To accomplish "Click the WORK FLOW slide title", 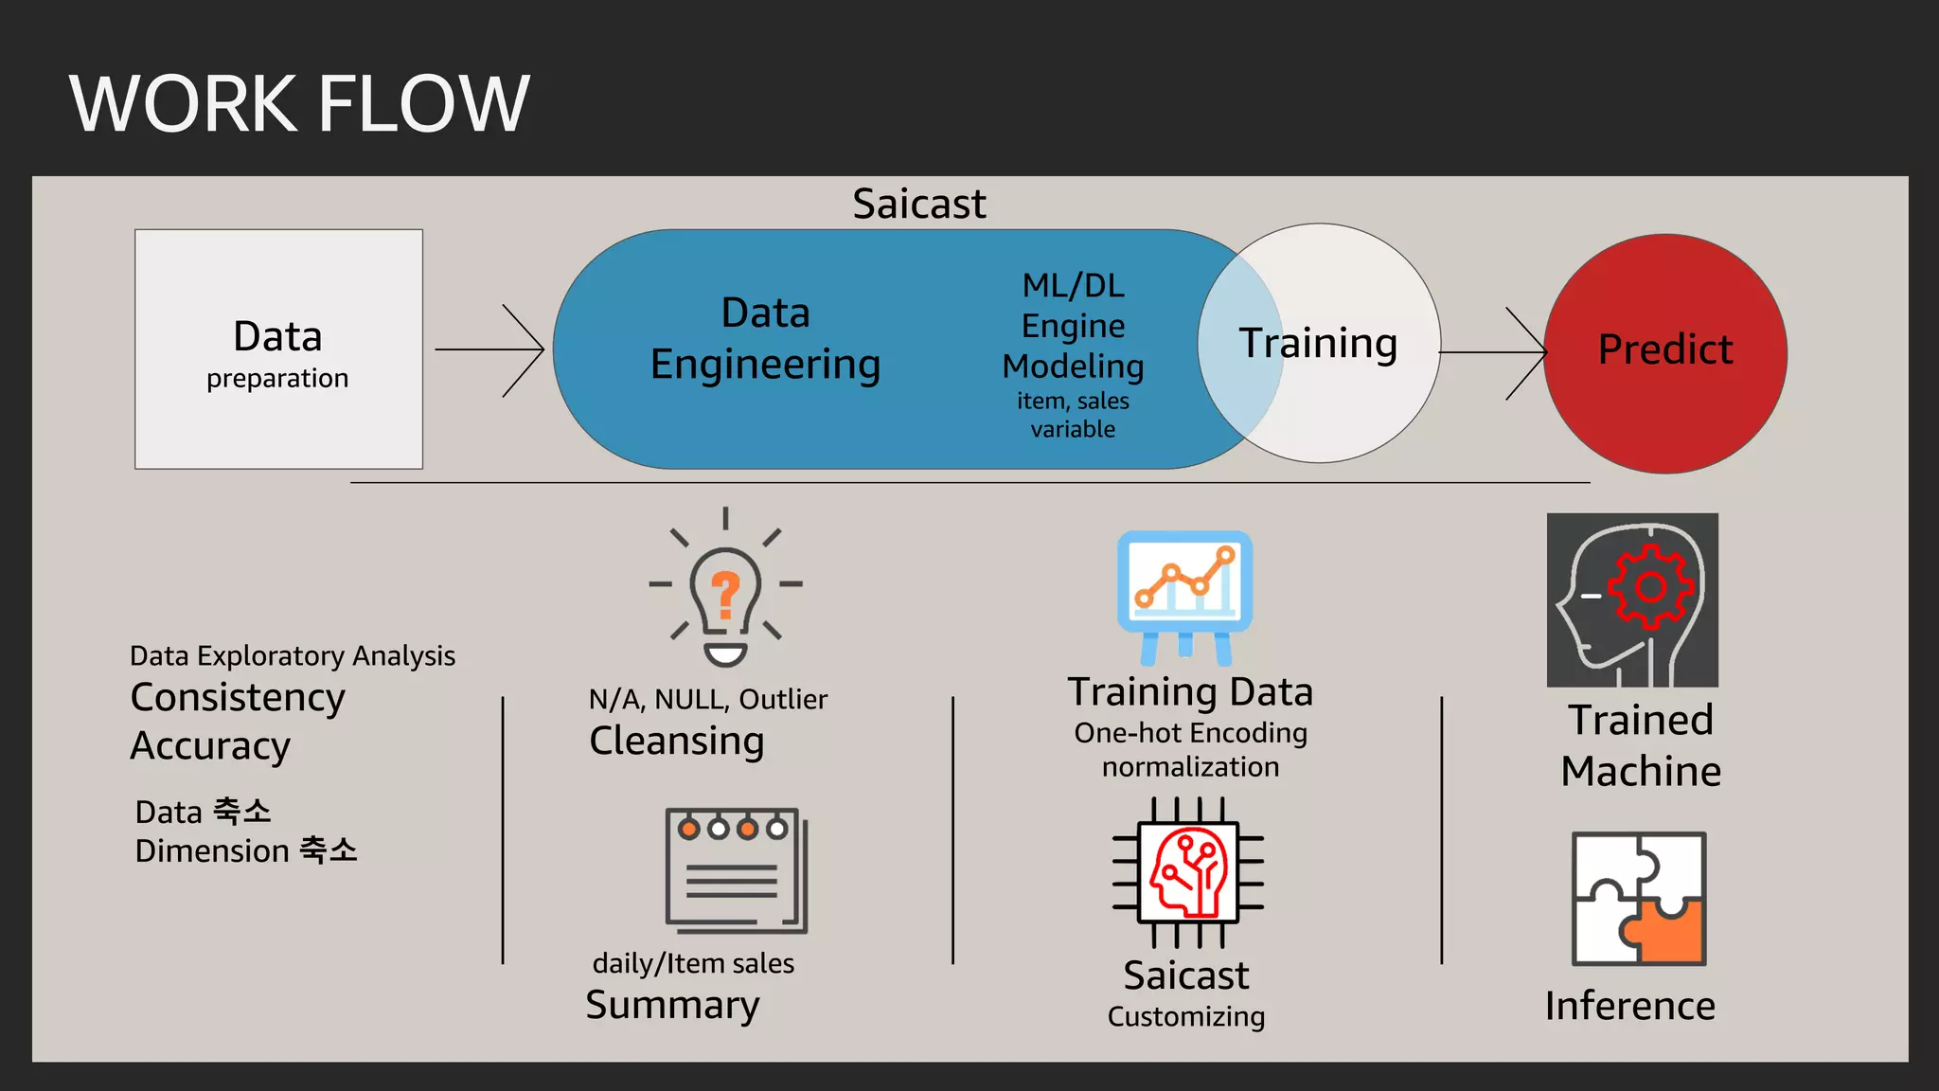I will click(299, 103).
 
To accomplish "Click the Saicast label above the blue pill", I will click(918, 204).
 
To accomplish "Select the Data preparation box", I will click(278, 349).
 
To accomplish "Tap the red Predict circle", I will click(1664, 352).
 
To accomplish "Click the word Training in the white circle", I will click(1318, 343).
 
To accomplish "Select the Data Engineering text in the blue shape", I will click(765, 339).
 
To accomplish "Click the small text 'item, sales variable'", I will click(1073, 415).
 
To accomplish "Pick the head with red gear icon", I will click(1632, 599).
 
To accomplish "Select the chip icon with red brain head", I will click(1187, 872).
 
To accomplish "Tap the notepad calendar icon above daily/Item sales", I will click(736, 869).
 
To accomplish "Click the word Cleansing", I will click(676, 741).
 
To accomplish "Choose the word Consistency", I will click(238, 697).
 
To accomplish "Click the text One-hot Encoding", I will click(1190, 733).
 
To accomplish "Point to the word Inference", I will click(1629, 1006).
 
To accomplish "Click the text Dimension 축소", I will click(246, 850).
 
